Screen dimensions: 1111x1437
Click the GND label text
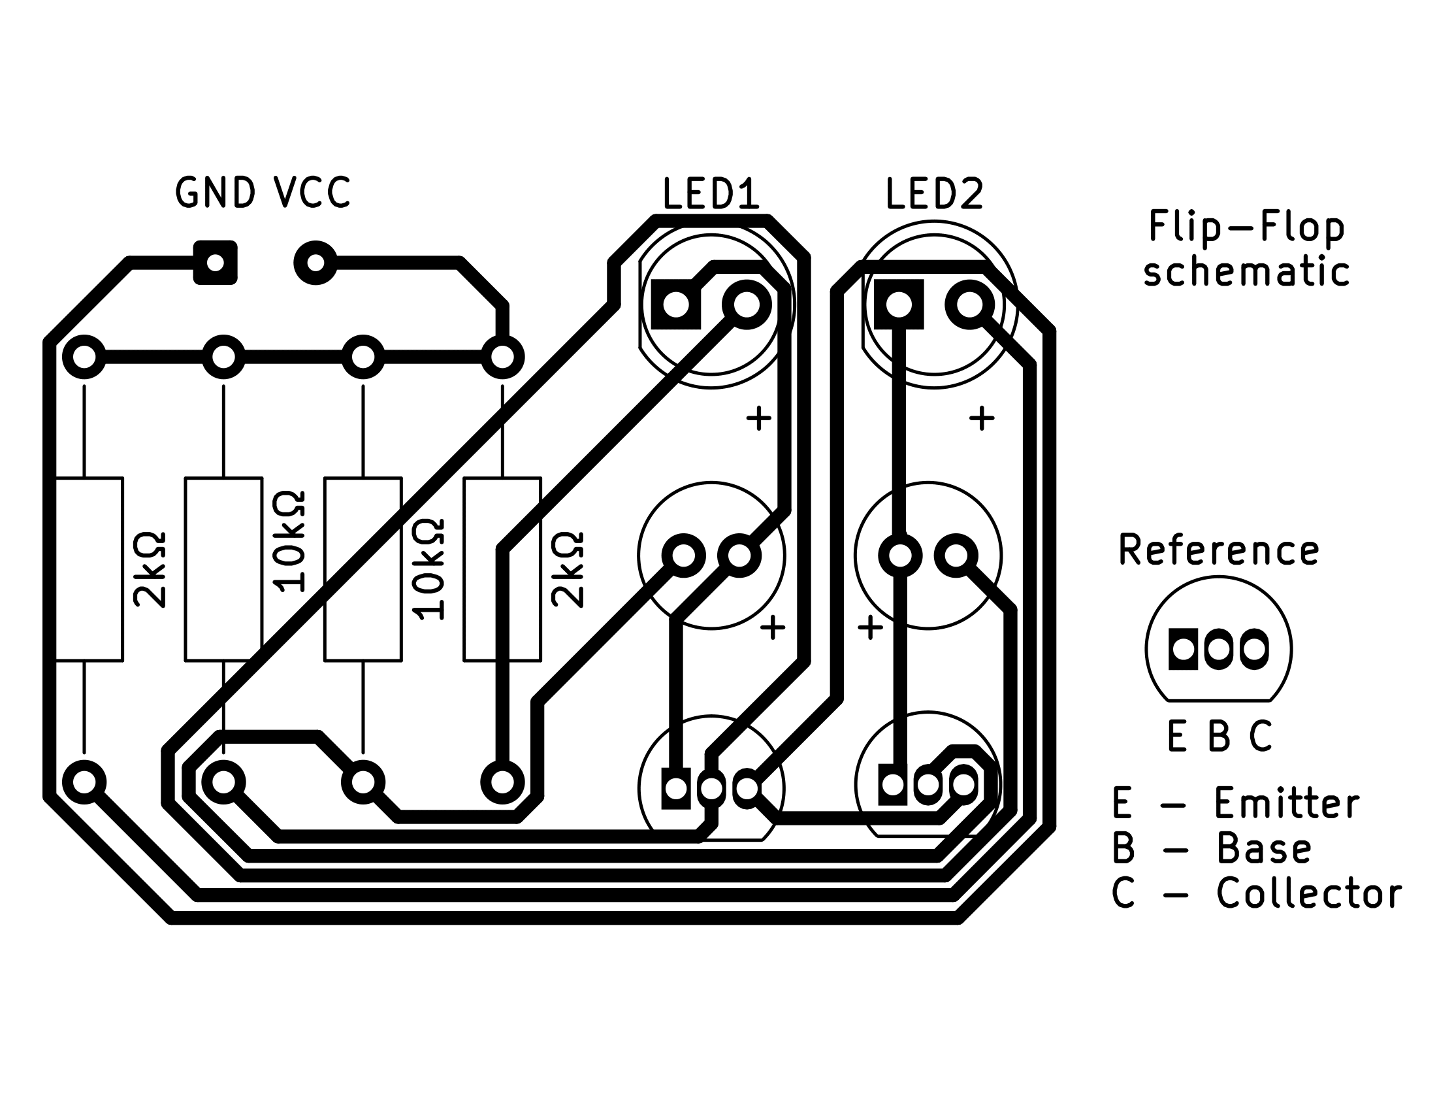pos(214,193)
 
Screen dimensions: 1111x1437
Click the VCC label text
pos(312,193)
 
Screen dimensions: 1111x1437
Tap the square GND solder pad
pos(215,263)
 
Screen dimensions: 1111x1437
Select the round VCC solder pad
pos(316,263)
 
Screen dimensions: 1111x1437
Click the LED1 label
pos(711,194)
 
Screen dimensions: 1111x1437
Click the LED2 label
pos(934,194)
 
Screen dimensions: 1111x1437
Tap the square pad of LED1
pos(676,305)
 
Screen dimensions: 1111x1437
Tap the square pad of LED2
pos(899,305)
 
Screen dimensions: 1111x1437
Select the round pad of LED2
pos(969,305)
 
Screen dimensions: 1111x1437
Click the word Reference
pos(1219,550)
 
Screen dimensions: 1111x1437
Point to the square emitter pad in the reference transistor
pos(1183,650)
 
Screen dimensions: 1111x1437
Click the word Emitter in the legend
pos(1287,803)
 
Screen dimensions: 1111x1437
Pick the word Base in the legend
pos(1264,848)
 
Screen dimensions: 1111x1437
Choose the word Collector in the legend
pos(1309,893)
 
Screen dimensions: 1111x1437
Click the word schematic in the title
pos(1246,272)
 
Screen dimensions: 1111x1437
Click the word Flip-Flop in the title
pos(1246,226)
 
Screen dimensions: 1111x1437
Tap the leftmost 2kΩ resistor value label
pos(150,569)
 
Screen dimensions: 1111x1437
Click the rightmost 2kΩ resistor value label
pos(568,569)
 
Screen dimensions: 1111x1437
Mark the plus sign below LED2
pos(982,418)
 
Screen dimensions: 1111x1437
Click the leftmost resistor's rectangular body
pos(88,569)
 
